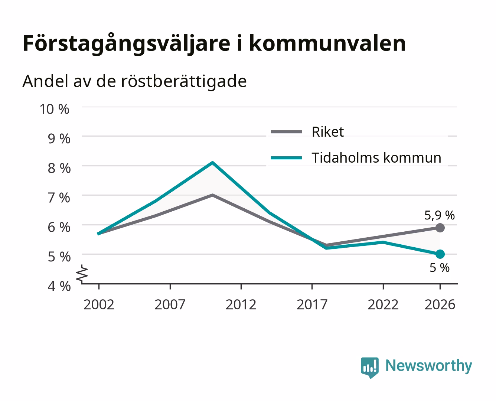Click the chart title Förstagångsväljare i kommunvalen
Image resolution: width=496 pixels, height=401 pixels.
214,44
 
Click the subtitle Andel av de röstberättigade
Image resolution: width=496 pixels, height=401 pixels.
134,82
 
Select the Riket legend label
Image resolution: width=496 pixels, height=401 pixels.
328,132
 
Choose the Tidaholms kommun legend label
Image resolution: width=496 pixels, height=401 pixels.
376,158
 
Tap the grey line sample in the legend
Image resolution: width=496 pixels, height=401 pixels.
286,132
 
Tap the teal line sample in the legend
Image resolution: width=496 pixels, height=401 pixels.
286,158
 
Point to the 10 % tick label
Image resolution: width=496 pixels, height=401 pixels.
55,109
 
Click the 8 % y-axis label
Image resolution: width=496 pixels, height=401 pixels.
59,168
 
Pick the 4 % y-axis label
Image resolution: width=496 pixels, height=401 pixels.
59,286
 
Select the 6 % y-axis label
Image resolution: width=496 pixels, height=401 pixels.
59,227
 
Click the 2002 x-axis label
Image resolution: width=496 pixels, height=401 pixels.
99,304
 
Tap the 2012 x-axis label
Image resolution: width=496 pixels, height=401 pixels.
241,304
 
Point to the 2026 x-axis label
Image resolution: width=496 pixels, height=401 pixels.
440,304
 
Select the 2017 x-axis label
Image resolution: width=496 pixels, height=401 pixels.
312,304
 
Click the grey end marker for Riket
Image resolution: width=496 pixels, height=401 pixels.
440,228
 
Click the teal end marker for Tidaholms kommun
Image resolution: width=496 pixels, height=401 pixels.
440,254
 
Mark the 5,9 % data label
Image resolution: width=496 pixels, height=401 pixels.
440,215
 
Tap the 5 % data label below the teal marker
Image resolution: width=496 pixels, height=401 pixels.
440,268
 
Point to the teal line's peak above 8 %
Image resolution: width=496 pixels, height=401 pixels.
212,162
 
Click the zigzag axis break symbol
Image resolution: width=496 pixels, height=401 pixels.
82,274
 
